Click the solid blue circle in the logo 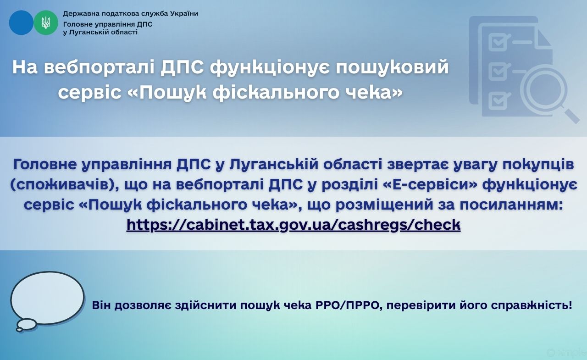[21, 22]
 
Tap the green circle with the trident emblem [46, 22]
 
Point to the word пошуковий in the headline [393, 68]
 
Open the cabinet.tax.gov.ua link [293, 225]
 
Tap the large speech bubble [47, 298]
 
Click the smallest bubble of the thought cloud [19, 330]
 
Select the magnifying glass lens [543, 89]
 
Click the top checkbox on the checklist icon [498, 43]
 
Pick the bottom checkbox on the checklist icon [498, 100]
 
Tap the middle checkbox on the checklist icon [498, 71]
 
